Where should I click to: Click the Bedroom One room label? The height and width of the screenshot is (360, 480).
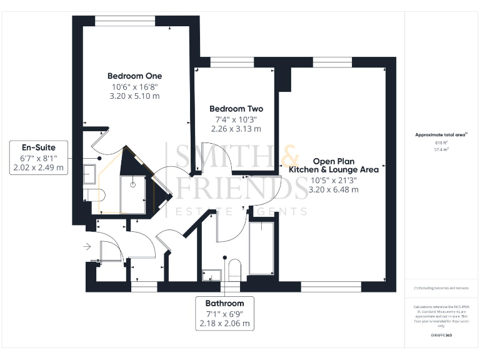(134, 76)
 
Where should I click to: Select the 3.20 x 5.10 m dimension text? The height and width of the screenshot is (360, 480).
(134, 96)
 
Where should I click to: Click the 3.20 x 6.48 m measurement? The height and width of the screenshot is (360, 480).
(334, 189)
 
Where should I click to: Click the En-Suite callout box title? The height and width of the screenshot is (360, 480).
(38, 147)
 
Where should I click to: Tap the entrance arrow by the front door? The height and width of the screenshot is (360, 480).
(86, 247)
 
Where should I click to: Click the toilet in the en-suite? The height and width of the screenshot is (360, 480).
(94, 195)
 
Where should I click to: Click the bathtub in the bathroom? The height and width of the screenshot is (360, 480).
(261, 248)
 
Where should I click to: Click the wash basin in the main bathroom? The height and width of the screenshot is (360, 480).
(211, 274)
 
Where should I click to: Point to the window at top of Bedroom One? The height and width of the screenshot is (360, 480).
(124, 21)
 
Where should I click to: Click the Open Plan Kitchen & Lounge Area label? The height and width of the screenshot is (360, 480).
(333, 164)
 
